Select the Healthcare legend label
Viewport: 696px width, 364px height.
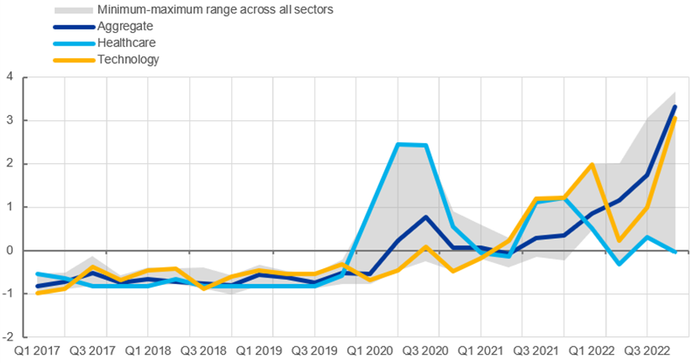(x=126, y=42)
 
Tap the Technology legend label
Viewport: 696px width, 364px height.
(x=128, y=59)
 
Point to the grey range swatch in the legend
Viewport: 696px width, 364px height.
(x=73, y=11)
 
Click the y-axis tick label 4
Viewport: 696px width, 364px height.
(x=9, y=77)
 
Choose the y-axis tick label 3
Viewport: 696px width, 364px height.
(x=9, y=120)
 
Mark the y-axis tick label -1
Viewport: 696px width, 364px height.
(x=8, y=293)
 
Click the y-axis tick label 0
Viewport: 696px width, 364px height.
(x=9, y=251)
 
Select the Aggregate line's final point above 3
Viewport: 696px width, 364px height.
(x=675, y=107)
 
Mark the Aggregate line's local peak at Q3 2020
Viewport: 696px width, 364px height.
(x=427, y=217)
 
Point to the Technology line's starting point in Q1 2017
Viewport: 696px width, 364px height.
(x=38, y=293)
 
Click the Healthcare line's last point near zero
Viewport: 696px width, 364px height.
(x=675, y=251)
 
